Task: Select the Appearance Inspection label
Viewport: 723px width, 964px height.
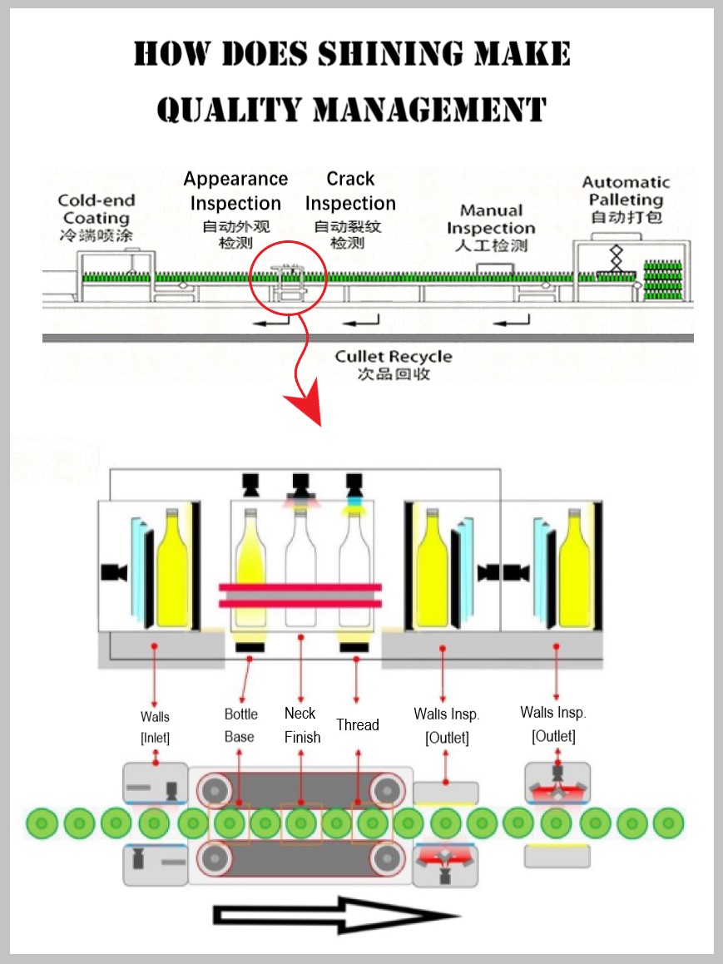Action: coord(235,191)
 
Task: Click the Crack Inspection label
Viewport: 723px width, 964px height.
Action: coord(350,191)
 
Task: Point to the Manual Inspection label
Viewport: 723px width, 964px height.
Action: coord(491,220)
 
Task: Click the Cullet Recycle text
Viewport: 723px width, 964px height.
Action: coord(394,357)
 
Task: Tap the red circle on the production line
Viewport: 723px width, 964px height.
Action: coord(288,279)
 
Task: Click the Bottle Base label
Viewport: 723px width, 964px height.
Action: coord(241,724)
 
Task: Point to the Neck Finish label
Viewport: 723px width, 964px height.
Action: coord(301,724)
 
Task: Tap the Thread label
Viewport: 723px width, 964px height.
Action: coord(358,724)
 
